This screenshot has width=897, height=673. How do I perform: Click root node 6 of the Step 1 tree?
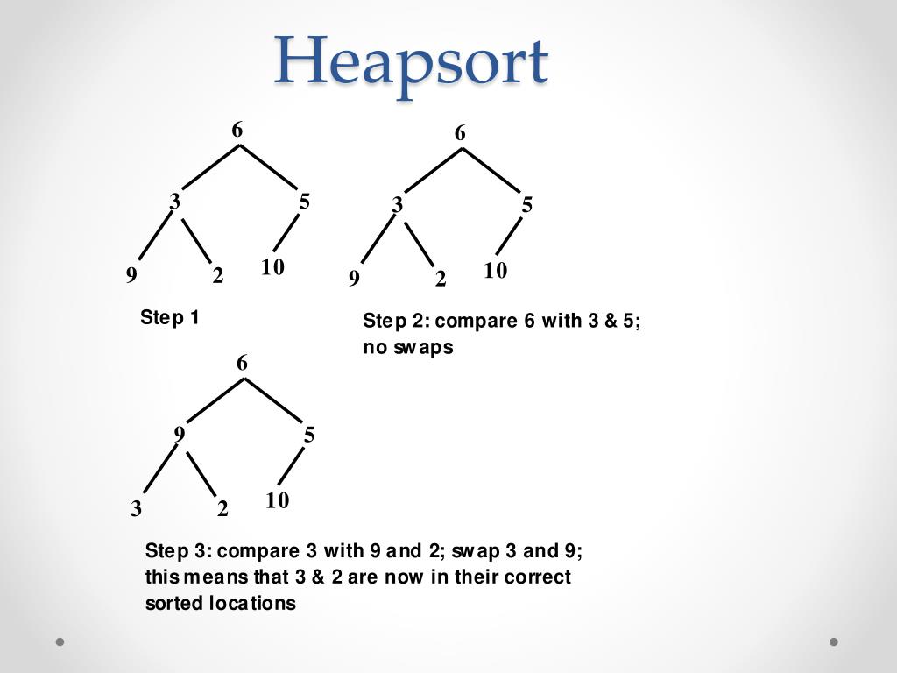tap(237, 131)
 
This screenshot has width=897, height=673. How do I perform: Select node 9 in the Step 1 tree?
tap(131, 276)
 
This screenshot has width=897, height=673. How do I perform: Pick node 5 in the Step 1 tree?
tap(304, 202)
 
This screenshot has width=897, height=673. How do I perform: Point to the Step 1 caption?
tap(170, 317)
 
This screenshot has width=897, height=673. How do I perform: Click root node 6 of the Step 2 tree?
tap(460, 134)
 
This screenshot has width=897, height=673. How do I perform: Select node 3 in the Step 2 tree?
tap(398, 205)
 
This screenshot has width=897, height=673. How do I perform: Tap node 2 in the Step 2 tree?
tap(441, 280)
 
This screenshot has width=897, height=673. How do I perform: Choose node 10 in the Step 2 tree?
tap(495, 272)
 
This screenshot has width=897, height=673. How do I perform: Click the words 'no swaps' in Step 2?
tap(408, 347)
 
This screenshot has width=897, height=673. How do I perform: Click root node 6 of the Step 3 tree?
tap(243, 363)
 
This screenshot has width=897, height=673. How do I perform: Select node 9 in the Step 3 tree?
tap(180, 434)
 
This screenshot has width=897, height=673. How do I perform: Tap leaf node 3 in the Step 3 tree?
tap(136, 509)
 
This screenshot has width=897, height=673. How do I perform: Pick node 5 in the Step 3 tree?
tap(309, 435)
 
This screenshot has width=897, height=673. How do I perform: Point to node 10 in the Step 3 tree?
tap(277, 501)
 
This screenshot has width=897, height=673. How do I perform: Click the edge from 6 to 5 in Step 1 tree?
tap(271, 166)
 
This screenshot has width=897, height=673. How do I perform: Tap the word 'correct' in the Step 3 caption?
tap(538, 577)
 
